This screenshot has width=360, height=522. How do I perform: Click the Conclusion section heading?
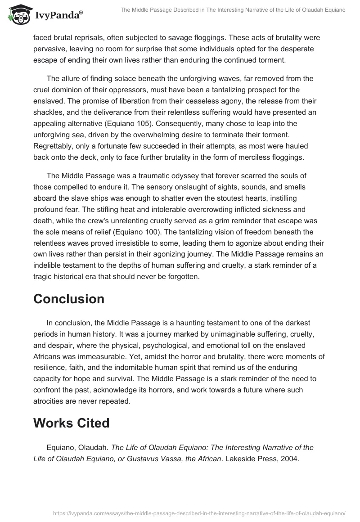[69, 299]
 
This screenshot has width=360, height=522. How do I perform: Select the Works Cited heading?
[72, 423]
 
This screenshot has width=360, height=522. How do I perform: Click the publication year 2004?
[288, 459]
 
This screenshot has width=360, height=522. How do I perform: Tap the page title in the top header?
[233, 10]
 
